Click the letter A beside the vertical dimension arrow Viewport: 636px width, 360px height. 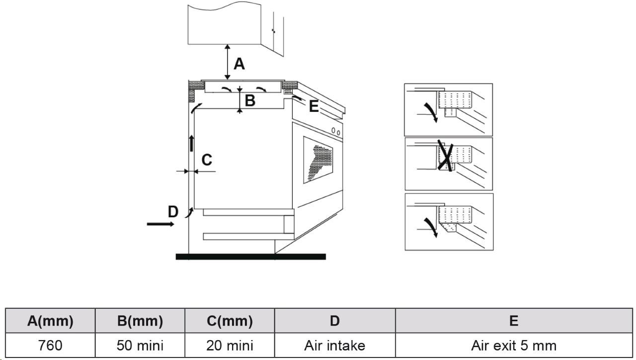click(x=239, y=64)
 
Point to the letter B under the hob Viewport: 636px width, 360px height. click(x=250, y=100)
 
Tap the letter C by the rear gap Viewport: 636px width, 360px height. click(x=207, y=160)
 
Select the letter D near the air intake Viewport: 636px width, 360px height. click(x=173, y=212)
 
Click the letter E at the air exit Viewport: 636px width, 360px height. click(x=314, y=106)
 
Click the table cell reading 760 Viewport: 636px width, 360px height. click(x=50, y=346)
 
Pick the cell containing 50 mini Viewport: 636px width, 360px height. click(x=140, y=346)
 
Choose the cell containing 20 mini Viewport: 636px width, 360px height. click(x=230, y=346)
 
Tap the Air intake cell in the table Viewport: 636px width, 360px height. click(x=335, y=346)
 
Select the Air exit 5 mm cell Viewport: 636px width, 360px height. click(x=514, y=346)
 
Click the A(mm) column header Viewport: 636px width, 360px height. click(x=50, y=321)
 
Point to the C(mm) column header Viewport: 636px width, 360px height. click(x=230, y=321)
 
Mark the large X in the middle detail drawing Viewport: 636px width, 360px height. click(x=445, y=156)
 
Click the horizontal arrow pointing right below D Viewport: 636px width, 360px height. click(x=160, y=224)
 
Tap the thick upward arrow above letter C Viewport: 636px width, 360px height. click(x=192, y=143)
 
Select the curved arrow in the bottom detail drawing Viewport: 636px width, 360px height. click(x=431, y=227)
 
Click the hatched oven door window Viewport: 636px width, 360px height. click(x=318, y=160)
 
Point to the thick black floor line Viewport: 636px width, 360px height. click(x=251, y=257)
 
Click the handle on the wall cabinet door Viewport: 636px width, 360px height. click(x=273, y=31)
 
